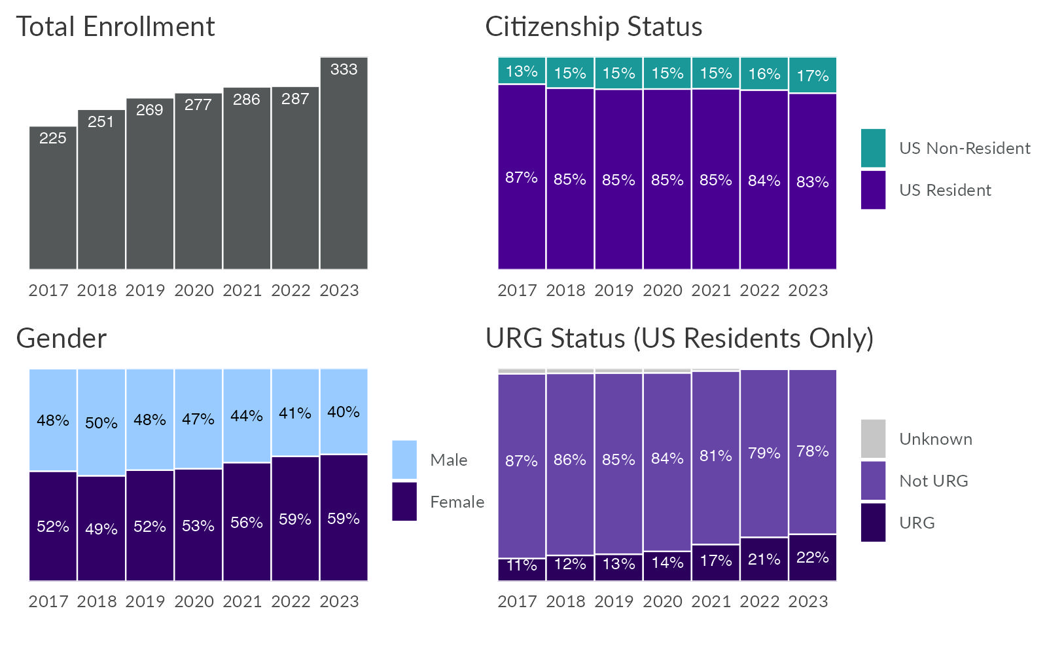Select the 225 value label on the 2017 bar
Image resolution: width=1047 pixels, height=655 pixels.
tap(53, 138)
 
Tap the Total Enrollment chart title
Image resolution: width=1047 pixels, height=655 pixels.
tap(115, 27)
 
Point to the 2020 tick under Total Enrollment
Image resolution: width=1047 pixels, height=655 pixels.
tap(194, 290)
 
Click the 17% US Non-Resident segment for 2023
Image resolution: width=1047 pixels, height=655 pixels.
tap(813, 76)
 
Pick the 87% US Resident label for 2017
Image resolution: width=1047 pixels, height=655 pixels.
tap(522, 178)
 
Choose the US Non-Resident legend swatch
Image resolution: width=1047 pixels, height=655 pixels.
tap(873, 148)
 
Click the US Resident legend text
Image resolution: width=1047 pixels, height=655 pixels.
tap(945, 190)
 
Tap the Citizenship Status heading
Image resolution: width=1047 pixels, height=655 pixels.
tap(594, 27)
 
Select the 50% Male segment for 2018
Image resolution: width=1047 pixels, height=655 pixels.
tap(101, 423)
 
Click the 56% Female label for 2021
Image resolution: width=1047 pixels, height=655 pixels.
tap(247, 523)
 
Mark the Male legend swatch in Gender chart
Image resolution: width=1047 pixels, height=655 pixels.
tap(404, 459)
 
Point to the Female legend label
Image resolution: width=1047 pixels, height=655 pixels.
tap(457, 502)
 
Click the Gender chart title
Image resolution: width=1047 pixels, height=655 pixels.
tap(61, 339)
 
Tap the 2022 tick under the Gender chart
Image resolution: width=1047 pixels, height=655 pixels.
tap(291, 601)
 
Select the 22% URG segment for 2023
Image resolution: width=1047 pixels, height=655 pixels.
tap(813, 557)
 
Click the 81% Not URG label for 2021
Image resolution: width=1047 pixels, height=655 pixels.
tap(716, 456)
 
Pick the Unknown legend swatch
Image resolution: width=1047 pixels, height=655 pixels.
tap(873, 438)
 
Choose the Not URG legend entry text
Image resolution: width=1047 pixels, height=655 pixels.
tap(933, 481)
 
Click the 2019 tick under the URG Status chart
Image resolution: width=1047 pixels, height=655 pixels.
tap(614, 601)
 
